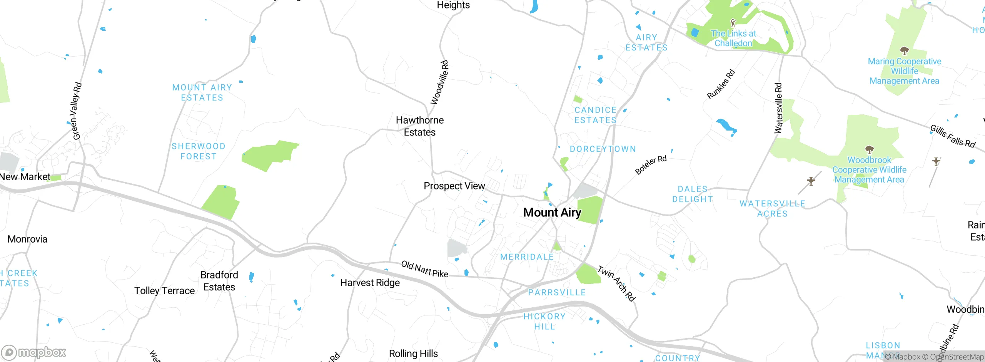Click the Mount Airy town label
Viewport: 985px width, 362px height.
(x=552, y=213)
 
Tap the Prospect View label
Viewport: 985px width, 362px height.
(x=454, y=186)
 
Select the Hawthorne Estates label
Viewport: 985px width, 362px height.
(x=420, y=126)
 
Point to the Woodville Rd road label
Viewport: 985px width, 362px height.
(x=439, y=82)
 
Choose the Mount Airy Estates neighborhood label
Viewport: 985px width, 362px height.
(x=202, y=93)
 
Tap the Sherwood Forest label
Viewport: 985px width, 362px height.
(x=199, y=151)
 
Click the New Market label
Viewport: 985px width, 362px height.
(x=25, y=177)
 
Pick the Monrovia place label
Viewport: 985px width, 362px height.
(x=27, y=239)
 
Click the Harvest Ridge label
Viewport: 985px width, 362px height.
(x=370, y=283)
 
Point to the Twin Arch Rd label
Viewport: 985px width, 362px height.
(x=616, y=283)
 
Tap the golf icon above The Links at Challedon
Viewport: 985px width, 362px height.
(x=733, y=23)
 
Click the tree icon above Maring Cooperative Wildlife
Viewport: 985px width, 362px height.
(x=905, y=50)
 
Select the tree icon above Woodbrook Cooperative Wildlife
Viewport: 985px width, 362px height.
(x=869, y=149)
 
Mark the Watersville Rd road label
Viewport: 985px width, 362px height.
(x=778, y=108)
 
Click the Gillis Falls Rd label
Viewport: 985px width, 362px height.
(x=953, y=136)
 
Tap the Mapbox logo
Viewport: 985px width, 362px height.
(x=34, y=352)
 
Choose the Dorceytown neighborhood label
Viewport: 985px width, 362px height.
(x=603, y=149)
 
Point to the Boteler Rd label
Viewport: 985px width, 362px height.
(x=651, y=165)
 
